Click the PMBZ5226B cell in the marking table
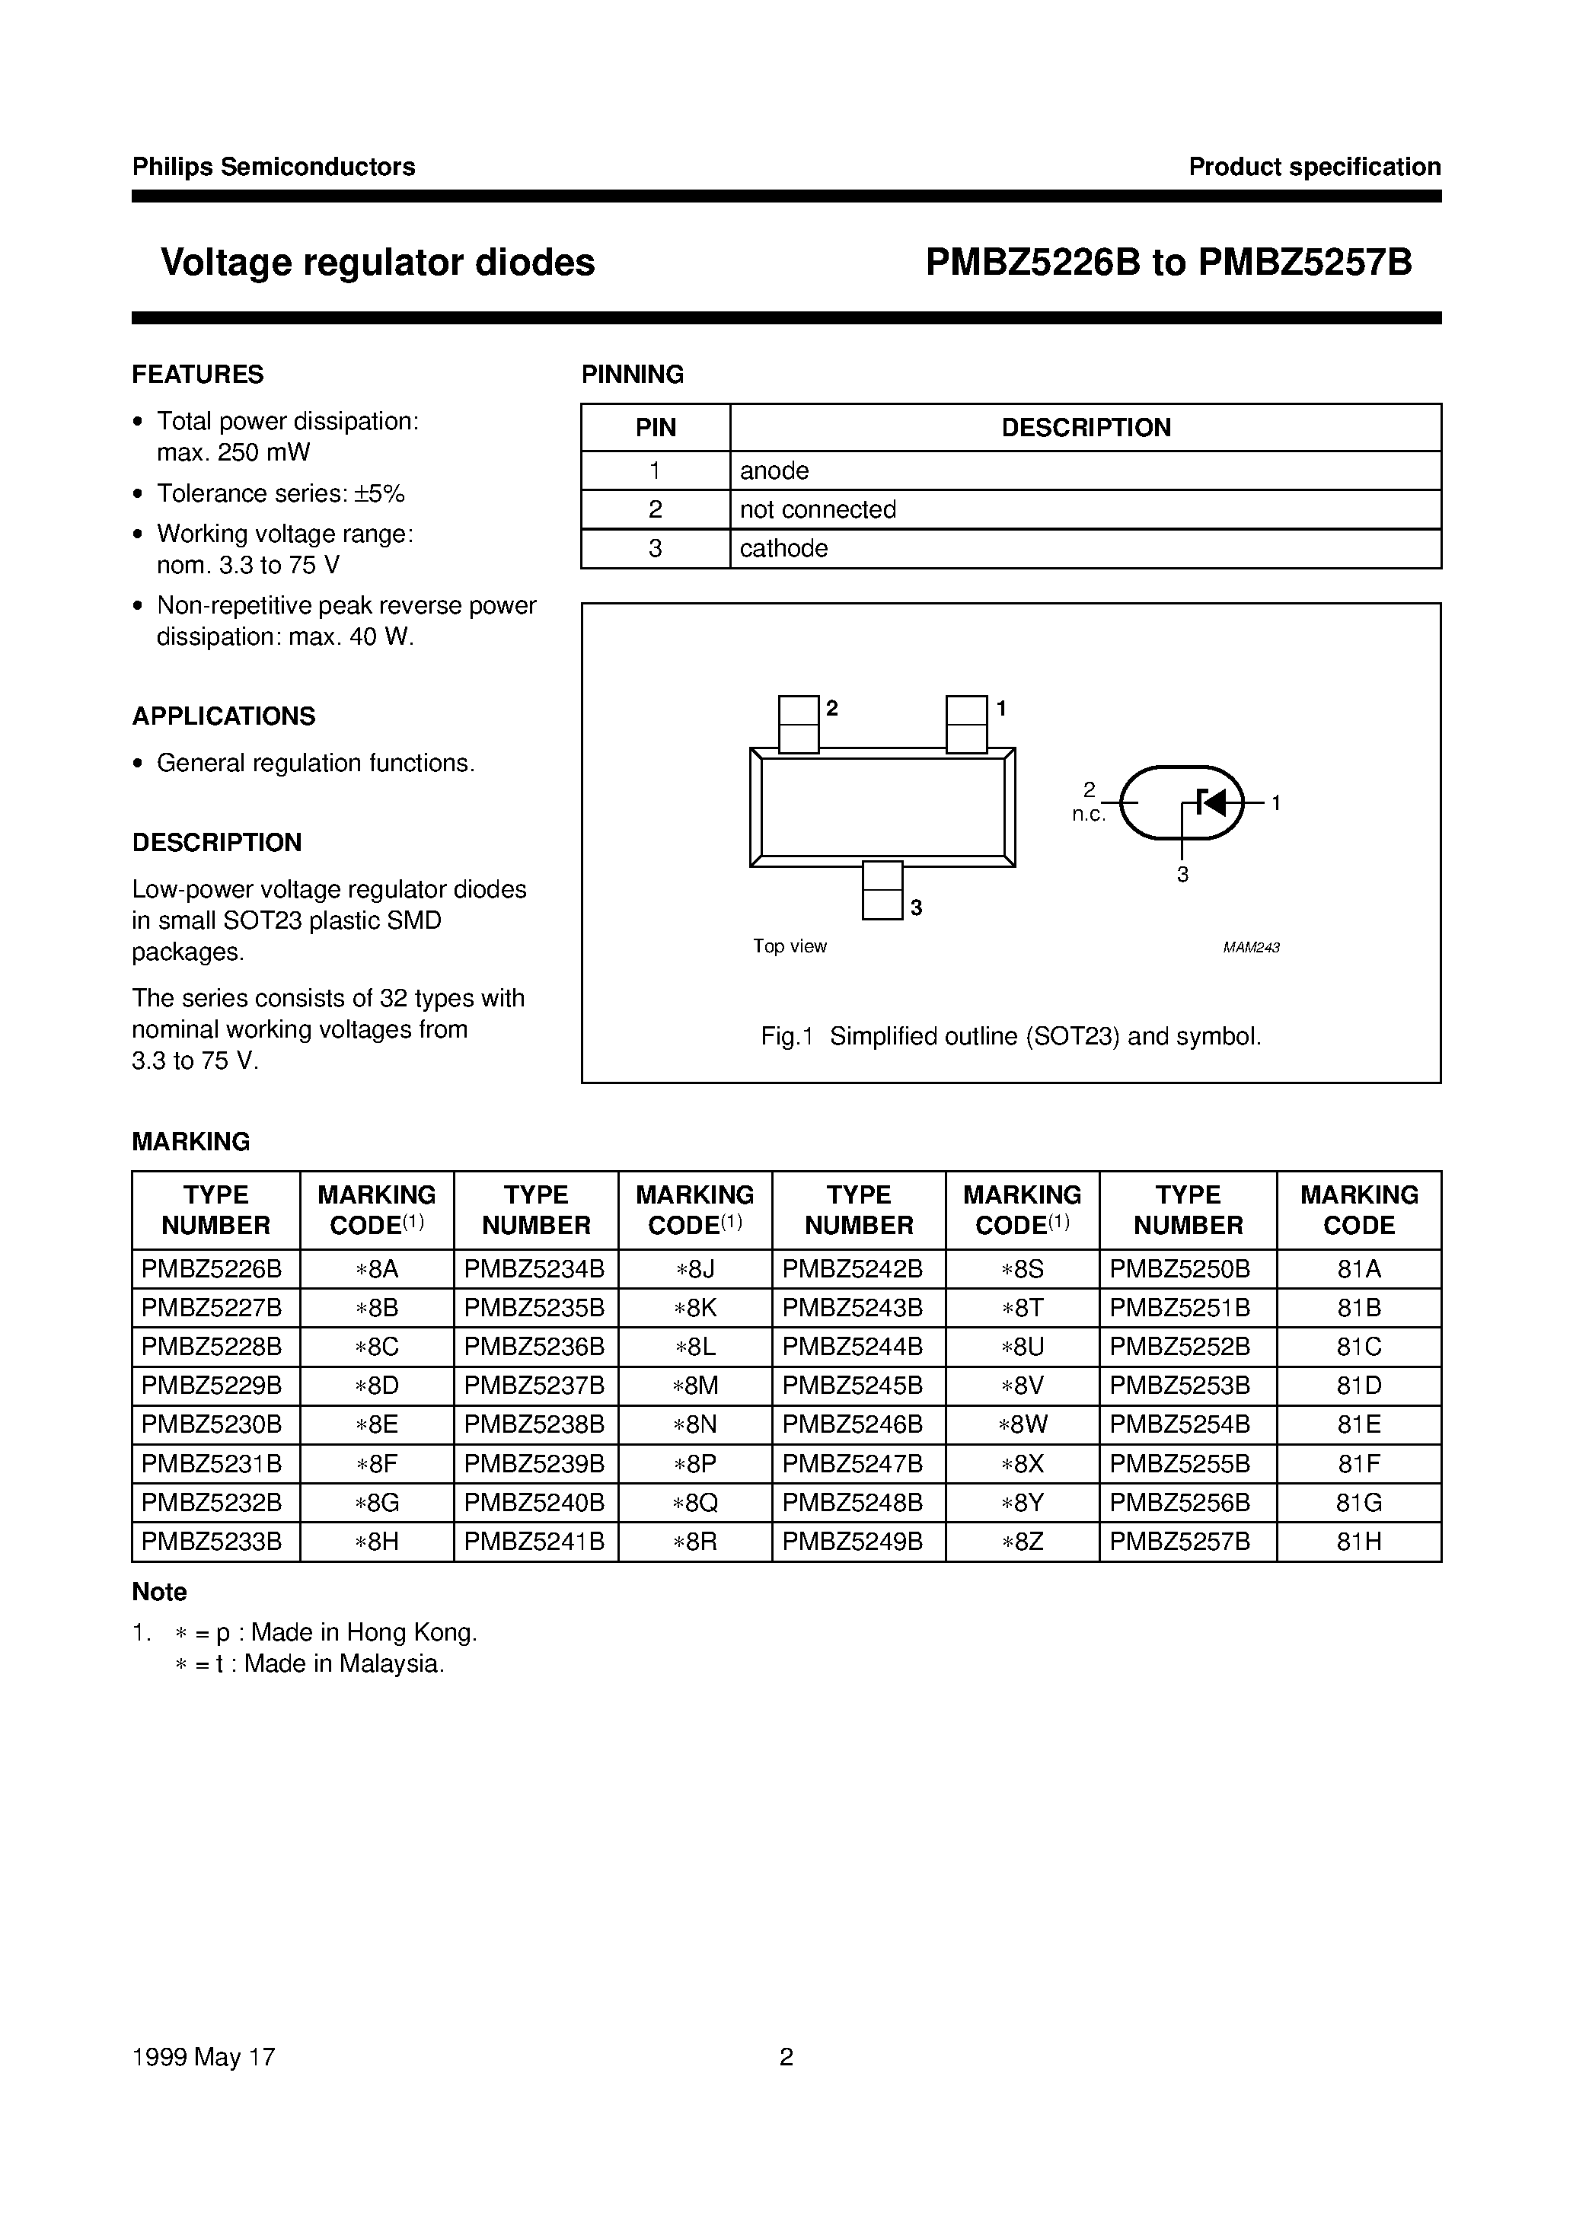tap(212, 1269)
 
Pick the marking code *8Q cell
tap(694, 1503)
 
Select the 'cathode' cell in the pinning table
tap(783, 549)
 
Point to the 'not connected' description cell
tap(818, 510)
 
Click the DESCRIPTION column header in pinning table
tap(1085, 428)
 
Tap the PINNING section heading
tap(632, 375)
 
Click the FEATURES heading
tap(198, 375)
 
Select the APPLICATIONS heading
tap(223, 716)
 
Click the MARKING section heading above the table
tap(191, 1142)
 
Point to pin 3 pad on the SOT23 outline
tap(882, 890)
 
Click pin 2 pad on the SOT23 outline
tap(798, 723)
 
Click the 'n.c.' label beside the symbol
tap(1088, 815)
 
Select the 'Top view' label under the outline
tap(790, 946)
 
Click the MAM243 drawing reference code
tap(1250, 947)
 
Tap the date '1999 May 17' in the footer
tap(203, 2057)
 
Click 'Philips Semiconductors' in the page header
tap(273, 167)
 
